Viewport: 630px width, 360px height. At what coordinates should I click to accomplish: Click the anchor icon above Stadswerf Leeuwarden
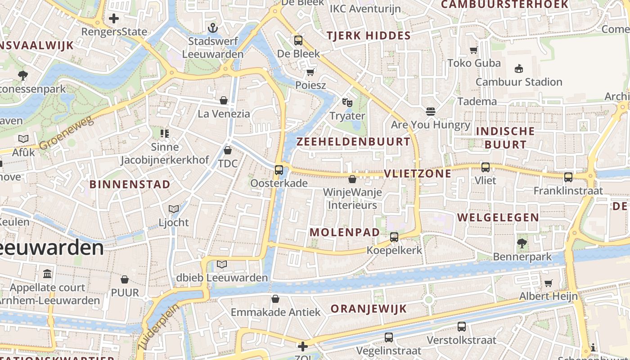pos(213,28)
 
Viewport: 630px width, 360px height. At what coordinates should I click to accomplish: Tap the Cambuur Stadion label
pos(518,82)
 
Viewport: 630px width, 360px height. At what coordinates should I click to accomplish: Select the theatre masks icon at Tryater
pos(347,103)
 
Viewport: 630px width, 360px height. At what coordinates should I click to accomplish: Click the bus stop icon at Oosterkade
pos(279,170)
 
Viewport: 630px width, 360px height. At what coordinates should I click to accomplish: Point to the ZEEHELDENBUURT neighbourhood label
pos(353,142)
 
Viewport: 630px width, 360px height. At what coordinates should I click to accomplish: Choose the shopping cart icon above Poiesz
pos(310,72)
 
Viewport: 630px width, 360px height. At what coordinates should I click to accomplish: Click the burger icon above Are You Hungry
pos(431,111)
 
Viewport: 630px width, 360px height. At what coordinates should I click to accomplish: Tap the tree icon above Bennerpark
pos(522,244)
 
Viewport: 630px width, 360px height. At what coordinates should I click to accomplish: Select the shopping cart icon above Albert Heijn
pos(548,283)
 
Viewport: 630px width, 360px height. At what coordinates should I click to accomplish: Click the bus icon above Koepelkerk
pos(394,237)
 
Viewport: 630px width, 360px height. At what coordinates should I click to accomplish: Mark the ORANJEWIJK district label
pos(369,309)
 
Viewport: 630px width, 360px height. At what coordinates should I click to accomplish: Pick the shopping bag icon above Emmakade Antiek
pos(275,299)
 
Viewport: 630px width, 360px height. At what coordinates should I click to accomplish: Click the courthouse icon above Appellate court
pos(47,274)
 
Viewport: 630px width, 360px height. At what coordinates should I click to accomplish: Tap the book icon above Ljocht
pos(174,209)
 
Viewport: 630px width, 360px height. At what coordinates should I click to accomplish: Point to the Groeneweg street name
pos(66,133)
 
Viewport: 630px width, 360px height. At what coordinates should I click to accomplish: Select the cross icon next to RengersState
pos(114,18)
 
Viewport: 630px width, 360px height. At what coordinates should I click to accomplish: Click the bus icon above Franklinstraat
pos(568,177)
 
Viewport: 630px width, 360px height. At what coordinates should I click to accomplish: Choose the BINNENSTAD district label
pos(130,184)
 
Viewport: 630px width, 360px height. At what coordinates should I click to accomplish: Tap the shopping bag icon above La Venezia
pos(224,100)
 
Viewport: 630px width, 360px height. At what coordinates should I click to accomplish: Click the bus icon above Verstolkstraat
pos(462,327)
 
